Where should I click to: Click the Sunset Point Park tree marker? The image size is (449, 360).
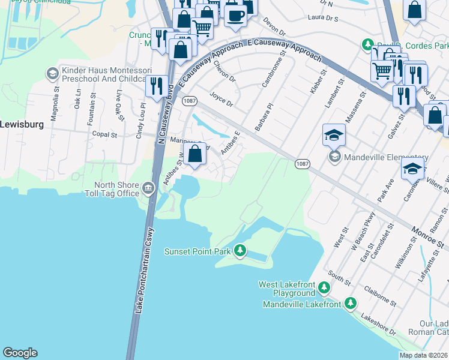point(240,250)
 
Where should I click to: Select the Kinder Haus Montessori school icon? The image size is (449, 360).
point(52,73)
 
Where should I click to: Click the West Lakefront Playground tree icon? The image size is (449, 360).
point(324,288)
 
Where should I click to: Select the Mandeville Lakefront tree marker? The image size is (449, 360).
point(351,304)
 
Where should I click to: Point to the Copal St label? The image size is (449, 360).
point(105,135)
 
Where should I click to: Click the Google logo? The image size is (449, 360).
point(20,353)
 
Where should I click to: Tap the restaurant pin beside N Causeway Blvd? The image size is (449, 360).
point(157,85)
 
